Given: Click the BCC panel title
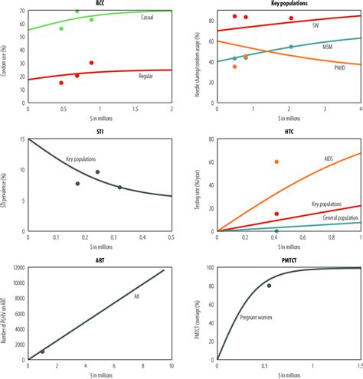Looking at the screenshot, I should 100,4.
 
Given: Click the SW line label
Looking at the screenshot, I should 316,25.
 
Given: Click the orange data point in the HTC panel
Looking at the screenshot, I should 276,162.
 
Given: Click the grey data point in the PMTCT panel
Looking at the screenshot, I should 269,286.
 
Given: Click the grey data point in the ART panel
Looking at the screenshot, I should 42,351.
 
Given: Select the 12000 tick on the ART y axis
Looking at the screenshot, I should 17,267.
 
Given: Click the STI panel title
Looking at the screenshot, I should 100,132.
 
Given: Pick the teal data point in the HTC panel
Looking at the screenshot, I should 276,230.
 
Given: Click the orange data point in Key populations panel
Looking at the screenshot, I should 234,67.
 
